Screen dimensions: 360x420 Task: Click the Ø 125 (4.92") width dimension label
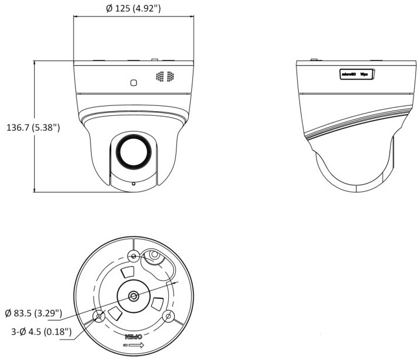pyautogui.click(x=134, y=9)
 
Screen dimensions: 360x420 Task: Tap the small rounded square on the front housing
pyautogui.click(x=134, y=82)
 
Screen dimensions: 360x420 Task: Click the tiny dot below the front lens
pyautogui.click(x=134, y=184)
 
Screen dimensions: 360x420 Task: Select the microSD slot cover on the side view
pyautogui.click(x=358, y=74)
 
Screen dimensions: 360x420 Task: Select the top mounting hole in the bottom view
pyautogui.click(x=134, y=256)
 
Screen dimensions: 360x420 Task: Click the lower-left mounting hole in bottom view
pyautogui.click(x=99, y=316)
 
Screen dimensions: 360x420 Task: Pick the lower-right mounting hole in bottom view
pyautogui.click(x=169, y=316)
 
